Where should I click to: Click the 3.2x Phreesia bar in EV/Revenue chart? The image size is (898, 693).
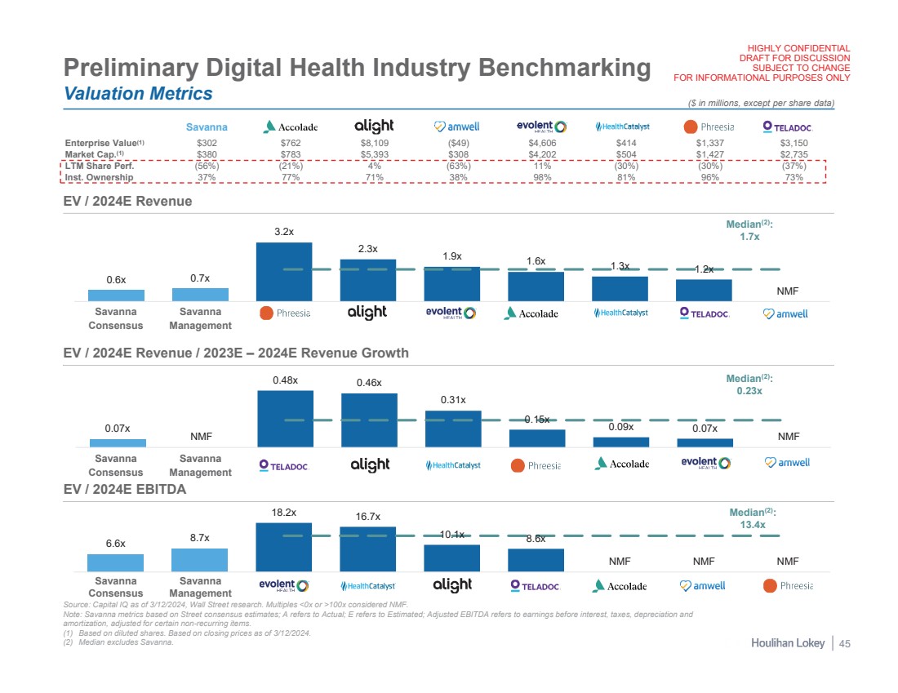click(284, 272)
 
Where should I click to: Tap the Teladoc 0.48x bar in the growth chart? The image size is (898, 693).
click(285, 419)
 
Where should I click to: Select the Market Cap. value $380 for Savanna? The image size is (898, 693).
click(207, 153)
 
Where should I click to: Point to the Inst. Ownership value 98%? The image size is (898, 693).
click(542, 177)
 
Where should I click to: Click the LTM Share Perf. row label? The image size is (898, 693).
click(99, 166)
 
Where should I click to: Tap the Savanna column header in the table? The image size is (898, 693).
click(207, 127)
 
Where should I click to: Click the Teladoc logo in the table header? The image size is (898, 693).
click(788, 127)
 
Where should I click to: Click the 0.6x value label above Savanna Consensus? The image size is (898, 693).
click(116, 280)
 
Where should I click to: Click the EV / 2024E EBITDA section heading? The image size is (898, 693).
click(126, 490)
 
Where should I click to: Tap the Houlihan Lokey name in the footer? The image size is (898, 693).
click(787, 644)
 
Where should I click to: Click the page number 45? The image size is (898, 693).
click(845, 644)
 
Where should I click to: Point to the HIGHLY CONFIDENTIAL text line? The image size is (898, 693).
click(794, 48)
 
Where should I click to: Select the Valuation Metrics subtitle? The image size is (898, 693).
click(138, 94)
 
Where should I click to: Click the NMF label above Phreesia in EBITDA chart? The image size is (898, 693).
click(787, 562)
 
